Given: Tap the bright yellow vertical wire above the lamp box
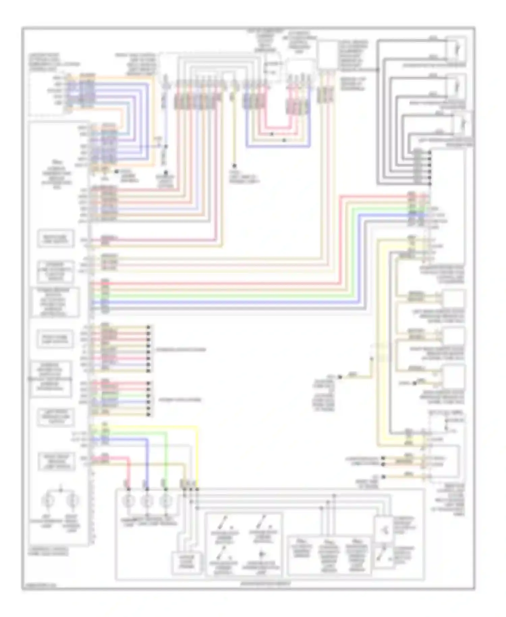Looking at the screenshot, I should (x=197, y=456).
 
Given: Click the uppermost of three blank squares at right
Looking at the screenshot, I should (x=454, y=299).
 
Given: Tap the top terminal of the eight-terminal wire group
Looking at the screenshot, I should (x=148, y=327).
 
